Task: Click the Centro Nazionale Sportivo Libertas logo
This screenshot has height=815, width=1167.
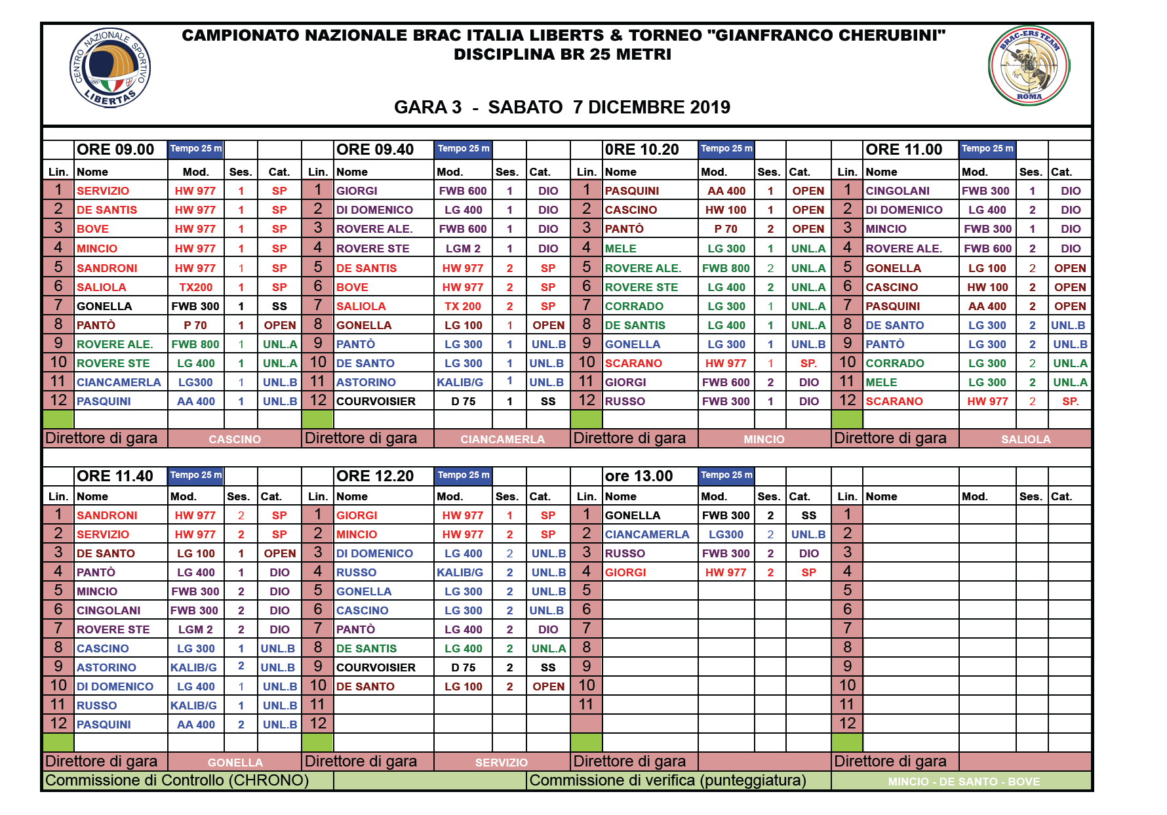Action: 110,68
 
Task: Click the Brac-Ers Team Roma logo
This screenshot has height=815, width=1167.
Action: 1029,66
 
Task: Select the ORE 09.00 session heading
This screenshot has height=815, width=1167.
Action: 115,149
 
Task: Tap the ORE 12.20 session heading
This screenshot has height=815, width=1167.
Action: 375,476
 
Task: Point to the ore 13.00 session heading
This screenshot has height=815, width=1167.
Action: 639,476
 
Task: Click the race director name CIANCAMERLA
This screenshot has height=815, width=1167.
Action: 502,439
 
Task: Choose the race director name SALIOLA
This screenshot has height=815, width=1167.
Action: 1025,439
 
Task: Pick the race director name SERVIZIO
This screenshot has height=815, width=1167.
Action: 502,763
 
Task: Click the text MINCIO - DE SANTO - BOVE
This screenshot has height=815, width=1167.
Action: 964,782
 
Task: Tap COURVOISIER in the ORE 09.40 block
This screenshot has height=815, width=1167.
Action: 376,401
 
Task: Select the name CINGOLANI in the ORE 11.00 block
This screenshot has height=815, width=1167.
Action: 898,191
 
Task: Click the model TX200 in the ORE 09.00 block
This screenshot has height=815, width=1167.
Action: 196,287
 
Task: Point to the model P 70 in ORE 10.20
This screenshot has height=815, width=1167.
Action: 726,229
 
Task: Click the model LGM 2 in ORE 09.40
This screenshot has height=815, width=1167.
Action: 463,248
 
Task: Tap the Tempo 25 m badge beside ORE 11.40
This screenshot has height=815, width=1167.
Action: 196,475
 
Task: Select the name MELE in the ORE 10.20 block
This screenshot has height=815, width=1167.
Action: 620,248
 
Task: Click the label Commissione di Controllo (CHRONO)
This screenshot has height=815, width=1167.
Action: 177,780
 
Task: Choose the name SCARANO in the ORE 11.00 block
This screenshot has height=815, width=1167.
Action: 894,401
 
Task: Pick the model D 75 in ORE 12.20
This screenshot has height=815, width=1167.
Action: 463,667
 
